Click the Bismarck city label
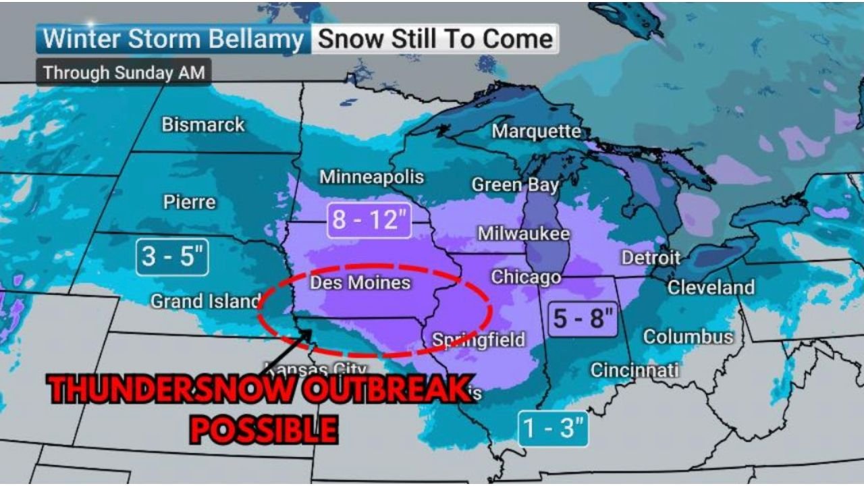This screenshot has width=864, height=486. click(203, 125)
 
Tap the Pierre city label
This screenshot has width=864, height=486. click(190, 202)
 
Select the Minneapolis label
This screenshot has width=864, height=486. click(371, 177)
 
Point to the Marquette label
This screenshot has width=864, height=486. click(536, 131)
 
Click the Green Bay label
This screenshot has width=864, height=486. click(515, 185)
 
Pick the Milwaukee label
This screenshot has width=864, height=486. click(524, 234)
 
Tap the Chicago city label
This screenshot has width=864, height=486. click(526, 277)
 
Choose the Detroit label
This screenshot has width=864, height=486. click(651, 258)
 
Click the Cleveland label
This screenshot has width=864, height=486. click(711, 288)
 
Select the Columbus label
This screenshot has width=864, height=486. click(688, 336)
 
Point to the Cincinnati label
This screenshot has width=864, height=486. click(634, 370)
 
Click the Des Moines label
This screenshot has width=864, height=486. click(360, 282)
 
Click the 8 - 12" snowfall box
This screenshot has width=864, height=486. click(370, 220)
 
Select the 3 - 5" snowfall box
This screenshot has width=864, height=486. click(172, 256)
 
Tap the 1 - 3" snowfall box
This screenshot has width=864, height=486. click(553, 429)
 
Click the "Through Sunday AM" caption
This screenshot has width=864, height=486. click(124, 72)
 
